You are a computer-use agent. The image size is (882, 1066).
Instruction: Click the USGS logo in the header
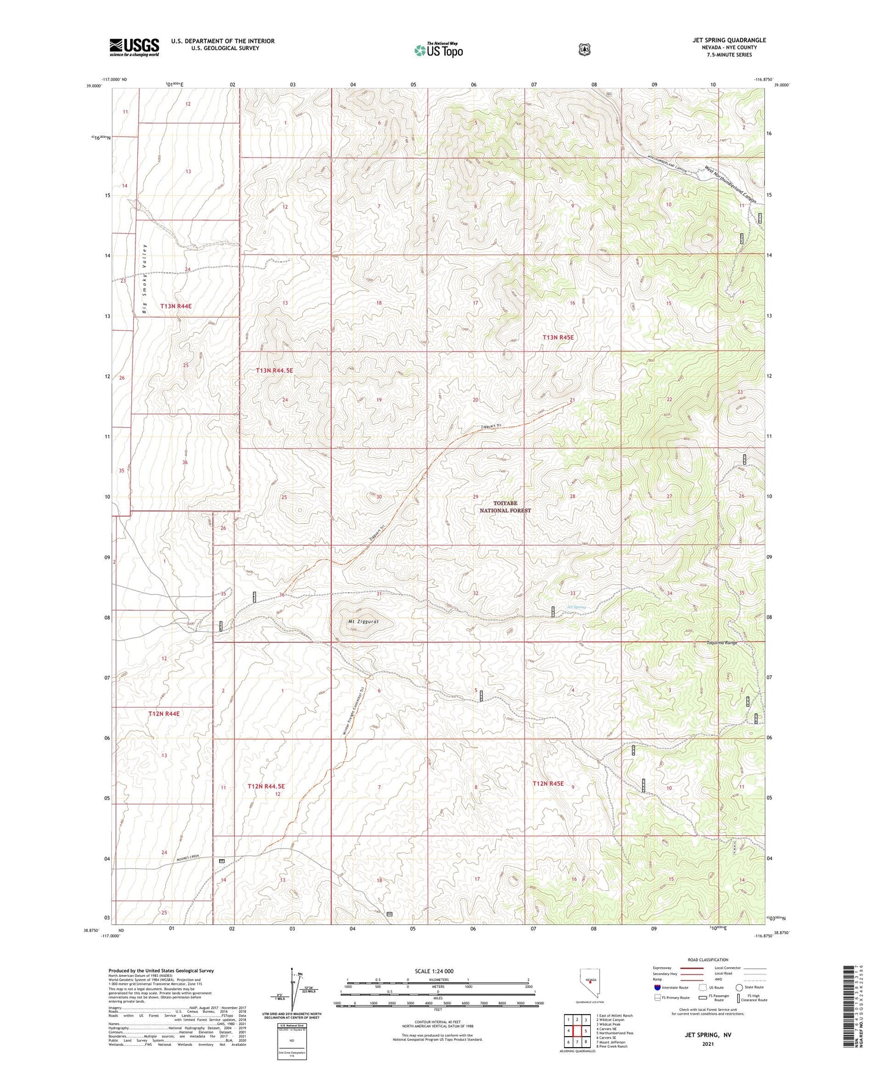click(x=134, y=47)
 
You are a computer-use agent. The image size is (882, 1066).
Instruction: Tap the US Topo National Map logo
click(x=438, y=49)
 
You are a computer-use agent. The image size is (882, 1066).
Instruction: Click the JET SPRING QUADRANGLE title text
click(x=729, y=40)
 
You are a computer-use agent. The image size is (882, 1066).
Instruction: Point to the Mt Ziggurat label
click(x=364, y=622)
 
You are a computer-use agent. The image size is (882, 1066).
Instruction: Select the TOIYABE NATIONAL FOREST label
click(x=505, y=507)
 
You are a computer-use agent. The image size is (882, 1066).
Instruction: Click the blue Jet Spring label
click(x=576, y=607)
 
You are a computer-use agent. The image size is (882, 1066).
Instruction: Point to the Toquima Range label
click(x=722, y=643)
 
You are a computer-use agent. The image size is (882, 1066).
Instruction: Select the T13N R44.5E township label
click(x=275, y=371)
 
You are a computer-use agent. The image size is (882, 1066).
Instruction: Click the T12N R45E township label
click(x=548, y=783)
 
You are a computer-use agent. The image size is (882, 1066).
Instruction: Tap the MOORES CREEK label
click(x=188, y=858)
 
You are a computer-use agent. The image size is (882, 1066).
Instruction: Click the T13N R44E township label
click(x=176, y=306)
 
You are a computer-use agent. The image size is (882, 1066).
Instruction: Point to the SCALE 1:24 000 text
click(x=434, y=971)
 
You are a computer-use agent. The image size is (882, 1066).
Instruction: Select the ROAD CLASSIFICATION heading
click(x=707, y=960)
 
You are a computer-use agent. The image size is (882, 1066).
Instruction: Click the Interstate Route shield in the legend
click(x=657, y=987)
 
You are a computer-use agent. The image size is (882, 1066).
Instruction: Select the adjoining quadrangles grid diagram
click(x=576, y=1031)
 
